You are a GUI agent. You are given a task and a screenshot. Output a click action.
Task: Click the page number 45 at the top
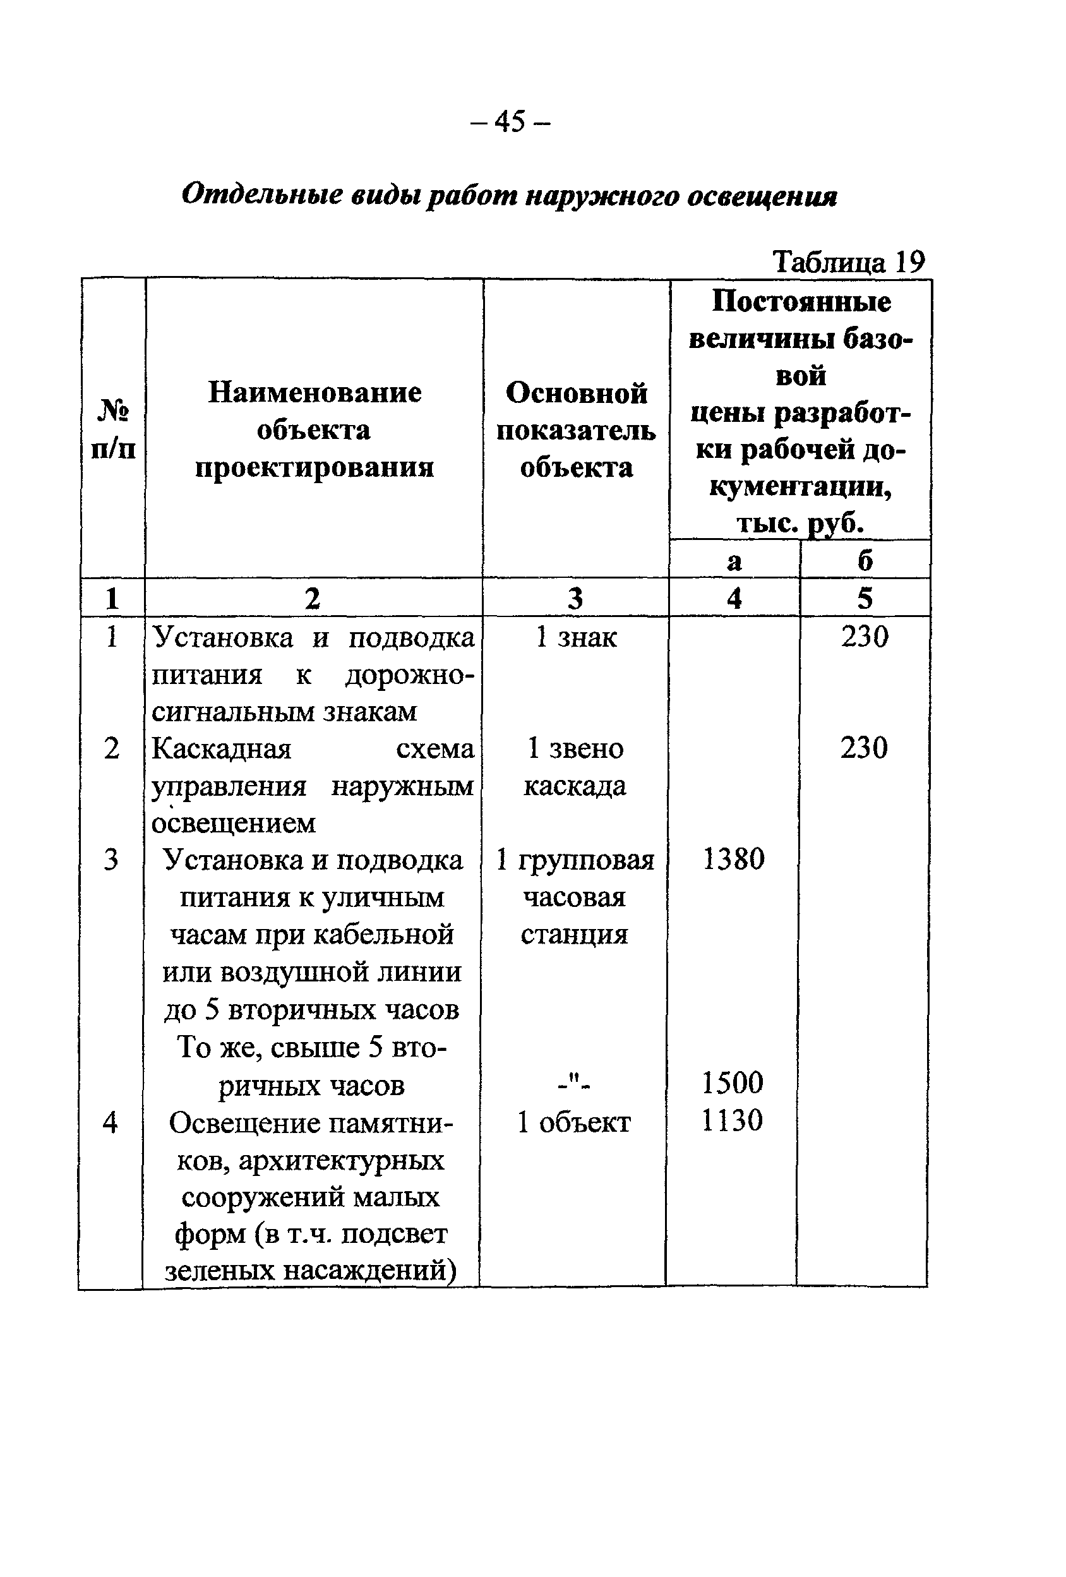tap(510, 121)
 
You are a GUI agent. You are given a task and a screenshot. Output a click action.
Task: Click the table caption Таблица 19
tap(848, 261)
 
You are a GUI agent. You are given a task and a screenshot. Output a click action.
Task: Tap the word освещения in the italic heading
tap(762, 197)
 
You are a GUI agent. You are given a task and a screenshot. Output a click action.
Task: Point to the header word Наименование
tap(314, 392)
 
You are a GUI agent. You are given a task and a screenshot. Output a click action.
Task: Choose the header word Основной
tap(576, 393)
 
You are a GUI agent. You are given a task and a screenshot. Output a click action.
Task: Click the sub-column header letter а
tap(734, 560)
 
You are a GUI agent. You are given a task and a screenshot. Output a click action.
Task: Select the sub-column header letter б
tap(865, 560)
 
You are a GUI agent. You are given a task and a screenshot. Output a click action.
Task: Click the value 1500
tap(732, 1082)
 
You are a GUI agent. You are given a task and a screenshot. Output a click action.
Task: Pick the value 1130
tap(732, 1120)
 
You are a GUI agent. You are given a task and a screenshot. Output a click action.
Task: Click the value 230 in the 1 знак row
tap(865, 637)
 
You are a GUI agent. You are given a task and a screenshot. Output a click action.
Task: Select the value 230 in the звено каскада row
tap(864, 748)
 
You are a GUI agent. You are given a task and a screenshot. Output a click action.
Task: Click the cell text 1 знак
tap(576, 637)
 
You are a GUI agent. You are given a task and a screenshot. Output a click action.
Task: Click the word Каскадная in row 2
tap(222, 749)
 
